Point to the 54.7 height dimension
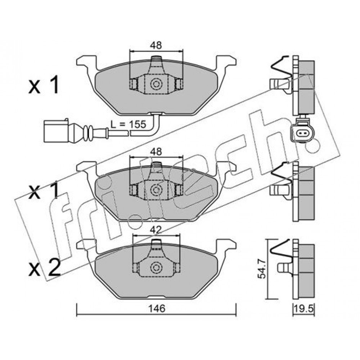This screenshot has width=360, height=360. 261,269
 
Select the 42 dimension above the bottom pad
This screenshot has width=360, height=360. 156,230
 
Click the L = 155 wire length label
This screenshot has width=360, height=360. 128,124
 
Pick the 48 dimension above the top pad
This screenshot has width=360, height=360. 156,45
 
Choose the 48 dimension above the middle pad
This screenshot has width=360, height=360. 156,152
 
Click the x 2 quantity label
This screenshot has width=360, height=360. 45,268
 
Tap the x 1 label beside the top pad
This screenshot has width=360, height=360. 44,85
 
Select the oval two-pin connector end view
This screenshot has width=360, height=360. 301,133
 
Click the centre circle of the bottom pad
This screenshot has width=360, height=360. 156,267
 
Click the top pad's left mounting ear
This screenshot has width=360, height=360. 86,63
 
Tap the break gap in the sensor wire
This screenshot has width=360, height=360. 129,132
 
